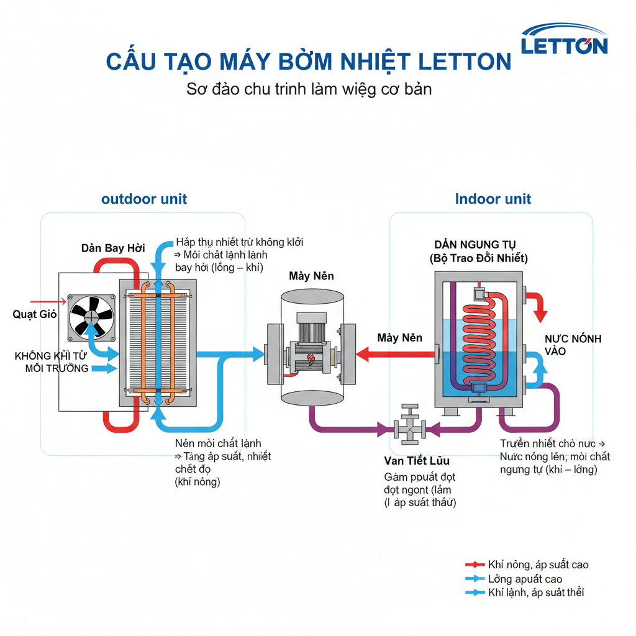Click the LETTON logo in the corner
564,40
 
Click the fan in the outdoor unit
91,317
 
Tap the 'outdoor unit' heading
144,199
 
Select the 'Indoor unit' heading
493,199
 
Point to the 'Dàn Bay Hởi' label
113,248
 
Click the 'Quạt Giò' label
35,314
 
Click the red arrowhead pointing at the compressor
363,355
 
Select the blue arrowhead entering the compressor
258,355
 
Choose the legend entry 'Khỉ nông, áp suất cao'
538,565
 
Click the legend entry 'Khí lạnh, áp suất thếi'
535,593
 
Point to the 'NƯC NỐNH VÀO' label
573,345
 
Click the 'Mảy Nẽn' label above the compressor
312,275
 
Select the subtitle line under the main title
309,89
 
